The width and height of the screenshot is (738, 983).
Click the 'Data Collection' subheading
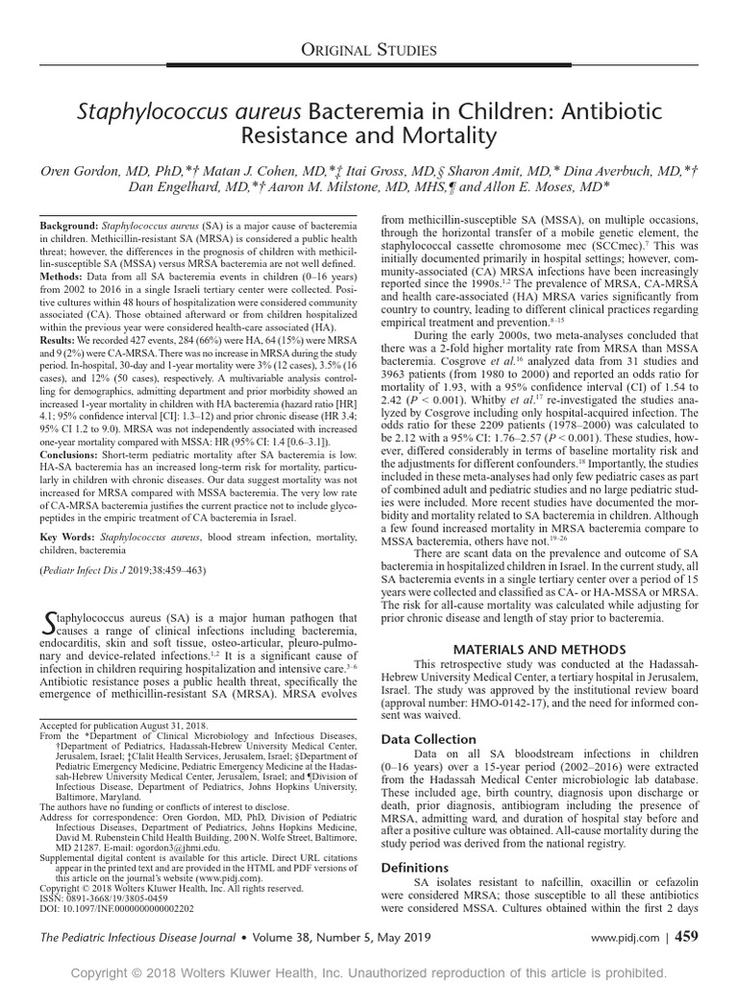(x=429, y=739)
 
